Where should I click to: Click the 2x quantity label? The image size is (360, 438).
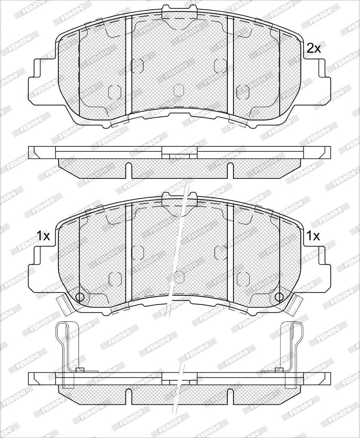pyautogui.click(x=314, y=49)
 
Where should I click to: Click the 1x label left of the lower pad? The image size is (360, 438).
pyautogui.click(x=43, y=236)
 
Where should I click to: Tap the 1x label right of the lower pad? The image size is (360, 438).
pyautogui.click(x=313, y=236)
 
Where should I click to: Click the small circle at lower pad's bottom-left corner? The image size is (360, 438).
pyautogui.click(x=80, y=296)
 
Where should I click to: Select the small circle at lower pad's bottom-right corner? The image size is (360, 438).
pyautogui.click(x=279, y=296)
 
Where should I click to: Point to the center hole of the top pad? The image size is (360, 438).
pyautogui.click(x=179, y=90)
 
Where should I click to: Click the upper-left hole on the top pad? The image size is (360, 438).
pyautogui.click(x=137, y=66)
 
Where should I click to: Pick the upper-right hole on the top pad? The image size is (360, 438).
pyautogui.click(x=220, y=66)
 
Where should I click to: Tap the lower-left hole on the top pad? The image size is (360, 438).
pyautogui.click(x=114, y=92)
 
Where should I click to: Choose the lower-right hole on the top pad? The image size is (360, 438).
pyautogui.click(x=243, y=92)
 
